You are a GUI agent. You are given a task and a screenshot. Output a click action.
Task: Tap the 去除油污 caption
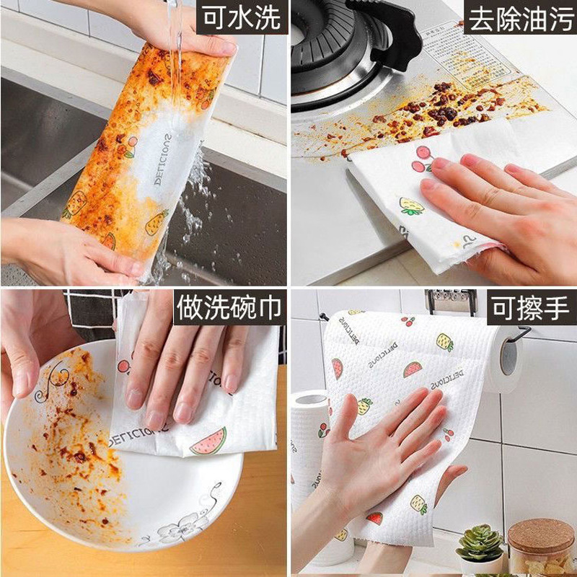point(519,19)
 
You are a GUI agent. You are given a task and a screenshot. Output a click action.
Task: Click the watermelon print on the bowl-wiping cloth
point(208,441)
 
